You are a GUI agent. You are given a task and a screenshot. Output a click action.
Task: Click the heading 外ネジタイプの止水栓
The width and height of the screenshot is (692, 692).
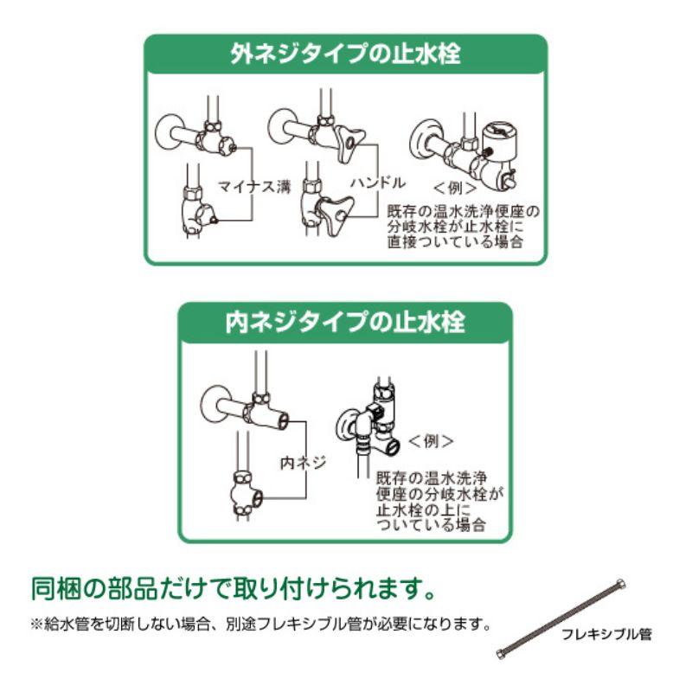(x=345, y=54)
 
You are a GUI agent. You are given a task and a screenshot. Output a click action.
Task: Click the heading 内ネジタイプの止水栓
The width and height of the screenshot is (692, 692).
(x=345, y=322)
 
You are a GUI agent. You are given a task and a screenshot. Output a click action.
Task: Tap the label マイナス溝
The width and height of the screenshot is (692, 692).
(x=255, y=187)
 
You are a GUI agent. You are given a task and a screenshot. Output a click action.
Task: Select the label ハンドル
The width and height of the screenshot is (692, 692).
(x=378, y=183)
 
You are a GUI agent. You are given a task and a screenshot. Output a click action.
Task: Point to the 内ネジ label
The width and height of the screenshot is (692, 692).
(x=304, y=463)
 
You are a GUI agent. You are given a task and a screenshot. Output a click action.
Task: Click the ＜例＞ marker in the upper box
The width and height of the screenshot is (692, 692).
(x=455, y=189)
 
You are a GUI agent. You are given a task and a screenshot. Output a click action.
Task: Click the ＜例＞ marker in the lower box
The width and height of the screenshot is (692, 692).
(x=431, y=441)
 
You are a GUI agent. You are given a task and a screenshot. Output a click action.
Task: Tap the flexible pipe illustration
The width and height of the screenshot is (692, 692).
(x=561, y=618)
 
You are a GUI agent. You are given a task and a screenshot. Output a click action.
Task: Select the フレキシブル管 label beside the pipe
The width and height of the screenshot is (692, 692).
(x=606, y=635)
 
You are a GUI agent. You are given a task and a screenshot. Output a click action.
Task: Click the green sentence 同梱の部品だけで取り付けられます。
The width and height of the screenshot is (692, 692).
(x=234, y=588)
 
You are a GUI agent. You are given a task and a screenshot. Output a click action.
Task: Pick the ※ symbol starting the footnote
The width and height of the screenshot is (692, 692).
(x=37, y=625)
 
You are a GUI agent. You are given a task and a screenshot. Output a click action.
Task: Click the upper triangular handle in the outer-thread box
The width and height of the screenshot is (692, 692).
(x=351, y=141)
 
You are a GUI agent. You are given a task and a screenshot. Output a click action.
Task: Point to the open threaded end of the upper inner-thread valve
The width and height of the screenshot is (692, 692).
(x=284, y=420)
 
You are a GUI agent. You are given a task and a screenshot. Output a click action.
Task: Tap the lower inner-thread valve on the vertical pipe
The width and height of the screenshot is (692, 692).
(x=247, y=494)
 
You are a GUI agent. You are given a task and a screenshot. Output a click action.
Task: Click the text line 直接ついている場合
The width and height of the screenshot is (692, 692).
(x=455, y=242)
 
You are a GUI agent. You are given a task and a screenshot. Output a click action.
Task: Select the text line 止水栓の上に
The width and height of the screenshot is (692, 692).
(x=423, y=509)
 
